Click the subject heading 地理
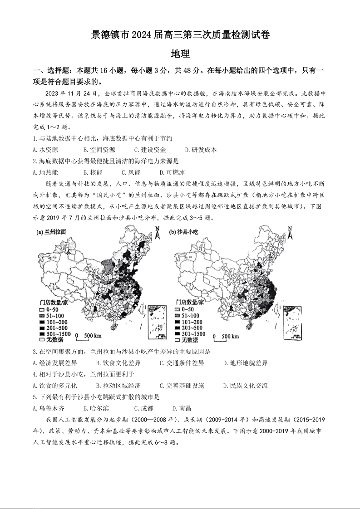point(180,54)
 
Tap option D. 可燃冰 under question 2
point(172,172)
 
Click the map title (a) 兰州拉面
point(51,231)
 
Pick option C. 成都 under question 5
point(143,408)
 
